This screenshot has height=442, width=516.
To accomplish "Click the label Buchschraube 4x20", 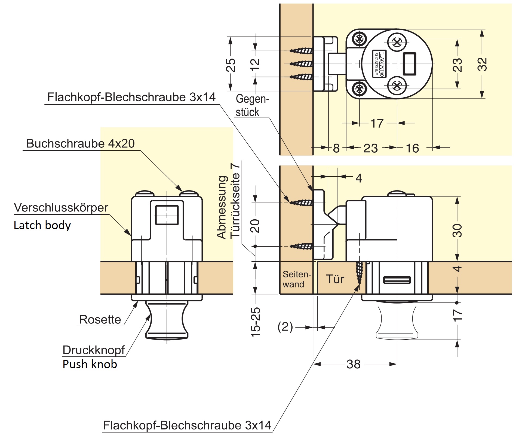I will (80, 144).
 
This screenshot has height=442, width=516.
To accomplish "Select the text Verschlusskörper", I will (61, 208).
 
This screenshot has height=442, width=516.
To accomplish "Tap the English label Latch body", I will (42, 225).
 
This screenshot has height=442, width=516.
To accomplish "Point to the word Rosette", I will (100, 319).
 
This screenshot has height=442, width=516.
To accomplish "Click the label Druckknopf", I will (94, 350).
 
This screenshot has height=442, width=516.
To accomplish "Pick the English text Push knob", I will (90, 364).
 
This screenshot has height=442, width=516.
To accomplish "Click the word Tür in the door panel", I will (335, 279).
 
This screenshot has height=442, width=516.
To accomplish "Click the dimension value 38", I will (354, 364).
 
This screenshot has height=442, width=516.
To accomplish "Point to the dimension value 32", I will (482, 64).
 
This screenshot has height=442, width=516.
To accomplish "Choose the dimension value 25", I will (231, 65).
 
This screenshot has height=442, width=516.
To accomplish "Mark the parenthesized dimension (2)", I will (285, 327).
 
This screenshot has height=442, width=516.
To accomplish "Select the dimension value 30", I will (457, 231).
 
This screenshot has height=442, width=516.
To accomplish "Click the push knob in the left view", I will (167, 320).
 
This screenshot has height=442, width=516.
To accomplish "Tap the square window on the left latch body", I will (167, 215).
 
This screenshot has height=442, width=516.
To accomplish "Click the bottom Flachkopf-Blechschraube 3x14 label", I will (187, 425).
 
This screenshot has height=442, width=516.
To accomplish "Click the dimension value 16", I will (412, 149).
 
